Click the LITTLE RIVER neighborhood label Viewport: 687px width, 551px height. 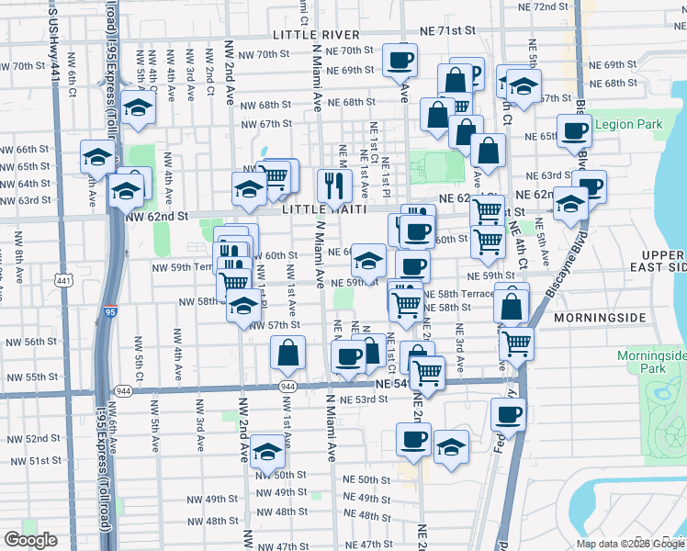click(x=308, y=35)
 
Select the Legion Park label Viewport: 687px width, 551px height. click(x=628, y=124)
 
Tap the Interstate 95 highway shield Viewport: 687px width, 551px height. click(x=110, y=312)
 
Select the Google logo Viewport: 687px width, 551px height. click(x=30, y=540)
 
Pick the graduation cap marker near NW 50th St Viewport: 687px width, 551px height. click(x=267, y=451)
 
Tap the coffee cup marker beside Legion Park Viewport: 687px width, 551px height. click(x=574, y=129)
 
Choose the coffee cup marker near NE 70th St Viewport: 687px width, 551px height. click(x=400, y=60)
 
